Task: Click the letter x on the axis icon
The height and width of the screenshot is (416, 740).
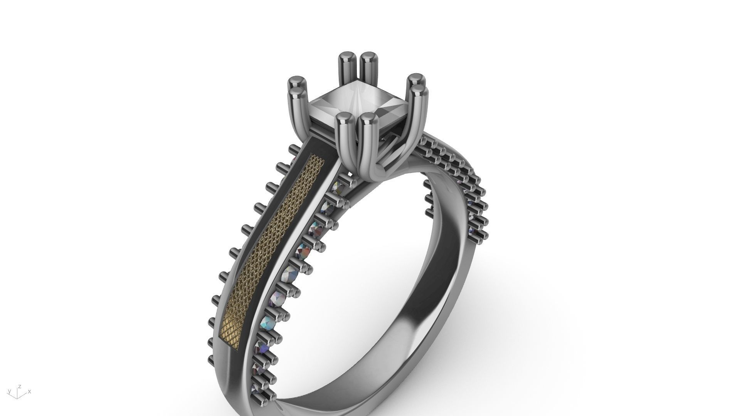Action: coord(30,392)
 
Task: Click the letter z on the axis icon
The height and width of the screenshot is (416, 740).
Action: coord(20,386)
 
